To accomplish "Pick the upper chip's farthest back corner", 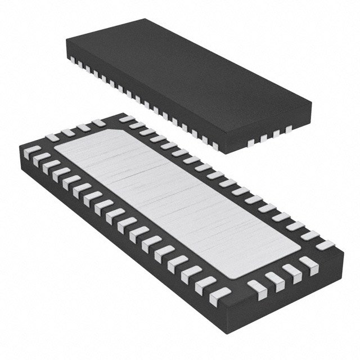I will (147, 19).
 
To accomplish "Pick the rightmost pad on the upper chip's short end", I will (289, 129).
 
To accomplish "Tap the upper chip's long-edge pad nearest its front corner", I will (214, 145).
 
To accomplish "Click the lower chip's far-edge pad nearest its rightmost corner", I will (325, 245).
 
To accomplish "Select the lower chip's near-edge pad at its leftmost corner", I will (32, 151).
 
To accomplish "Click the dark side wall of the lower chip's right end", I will (281, 304).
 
